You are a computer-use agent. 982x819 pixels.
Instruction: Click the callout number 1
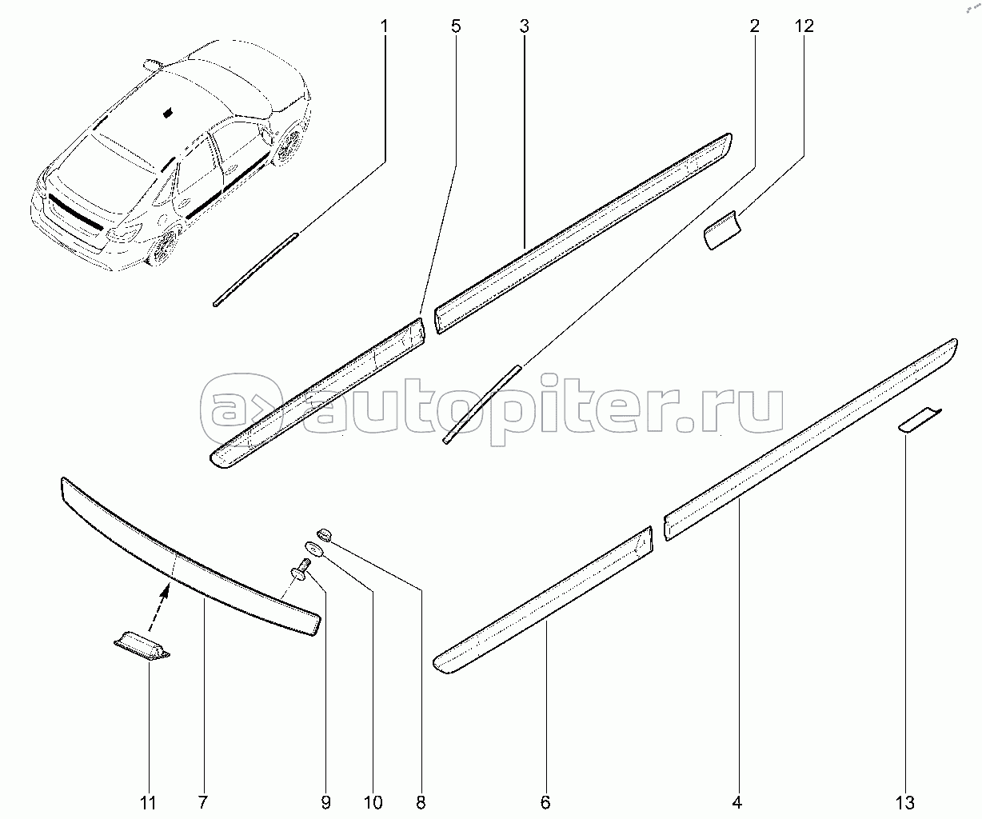pos(384,26)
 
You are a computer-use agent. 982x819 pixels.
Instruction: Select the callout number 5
pos(456,26)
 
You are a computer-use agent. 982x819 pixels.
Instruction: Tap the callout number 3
pos(525,26)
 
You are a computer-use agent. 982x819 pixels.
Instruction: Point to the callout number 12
pos(804,26)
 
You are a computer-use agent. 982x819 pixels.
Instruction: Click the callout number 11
pos(148,802)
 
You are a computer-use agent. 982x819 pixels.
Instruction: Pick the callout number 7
pos(202,802)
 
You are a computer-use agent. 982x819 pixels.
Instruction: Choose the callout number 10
pos(373,802)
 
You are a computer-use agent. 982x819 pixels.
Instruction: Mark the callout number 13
pos(905,802)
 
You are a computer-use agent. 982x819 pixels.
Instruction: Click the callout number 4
pos(737,802)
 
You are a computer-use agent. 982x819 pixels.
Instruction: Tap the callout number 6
pos(545,802)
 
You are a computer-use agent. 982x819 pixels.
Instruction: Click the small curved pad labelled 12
pos(722,230)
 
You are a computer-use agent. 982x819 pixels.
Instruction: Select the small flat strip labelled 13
pos(920,420)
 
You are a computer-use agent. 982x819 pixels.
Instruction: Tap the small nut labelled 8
pos(325,534)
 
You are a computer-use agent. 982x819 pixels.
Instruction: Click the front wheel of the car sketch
pos(289,145)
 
